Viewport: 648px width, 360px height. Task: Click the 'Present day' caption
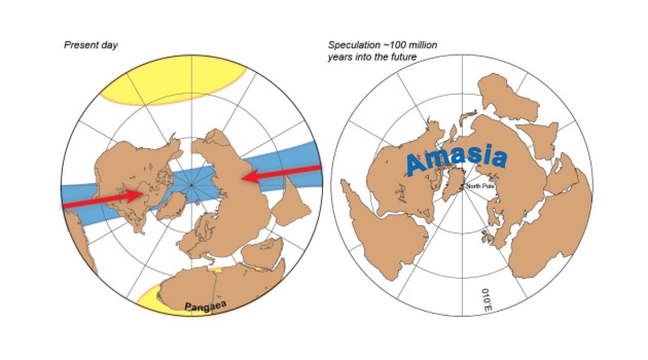(x=91, y=45)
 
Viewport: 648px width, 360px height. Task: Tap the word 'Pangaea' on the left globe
(x=205, y=306)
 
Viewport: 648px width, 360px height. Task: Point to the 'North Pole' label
(x=480, y=186)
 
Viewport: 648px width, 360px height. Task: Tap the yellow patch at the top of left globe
(x=172, y=83)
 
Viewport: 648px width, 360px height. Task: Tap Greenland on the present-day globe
(x=172, y=204)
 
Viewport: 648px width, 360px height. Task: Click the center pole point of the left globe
(x=192, y=185)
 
